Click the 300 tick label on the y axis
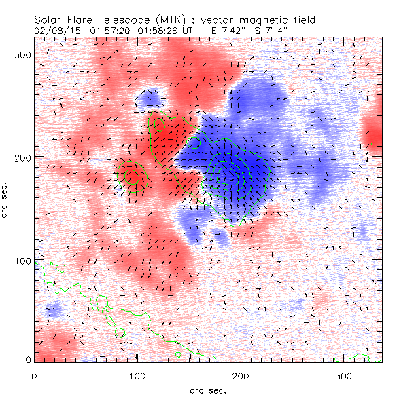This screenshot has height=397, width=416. pyautogui.click(x=22, y=54)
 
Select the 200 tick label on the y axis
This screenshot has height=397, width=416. pyautogui.click(x=22, y=157)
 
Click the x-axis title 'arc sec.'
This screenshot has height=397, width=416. pyautogui.click(x=208, y=390)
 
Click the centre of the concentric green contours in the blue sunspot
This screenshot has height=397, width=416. pyautogui.click(x=231, y=174)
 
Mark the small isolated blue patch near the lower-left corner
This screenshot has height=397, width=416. pyautogui.click(x=53, y=311)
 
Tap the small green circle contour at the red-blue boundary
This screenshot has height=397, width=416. pyautogui.click(x=194, y=143)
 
